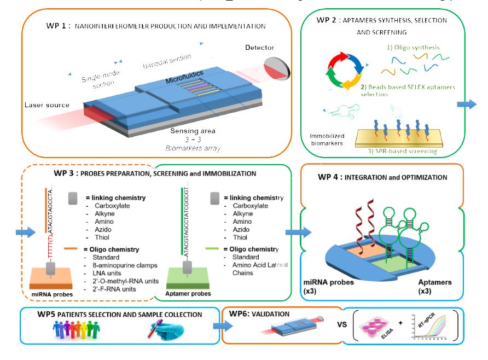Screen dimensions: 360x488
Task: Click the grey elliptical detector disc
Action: tap(277, 67)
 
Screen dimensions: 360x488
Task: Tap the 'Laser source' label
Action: tap(47, 104)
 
